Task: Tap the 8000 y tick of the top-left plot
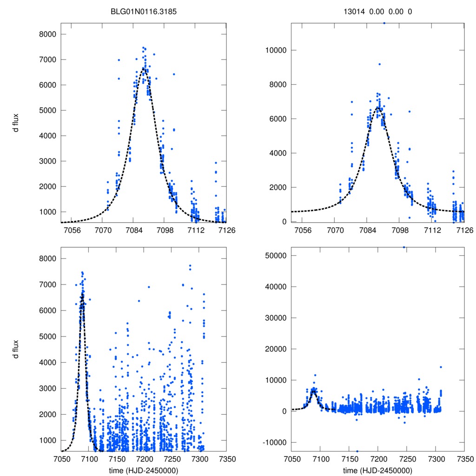(x=46, y=34)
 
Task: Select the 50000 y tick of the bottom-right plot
(x=273, y=256)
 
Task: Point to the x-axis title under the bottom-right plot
(x=377, y=470)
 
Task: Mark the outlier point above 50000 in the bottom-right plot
(x=404, y=247)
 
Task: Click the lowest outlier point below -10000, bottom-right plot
(x=357, y=451)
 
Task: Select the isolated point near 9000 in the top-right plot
(x=379, y=64)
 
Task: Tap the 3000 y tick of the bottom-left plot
(x=46, y=388)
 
